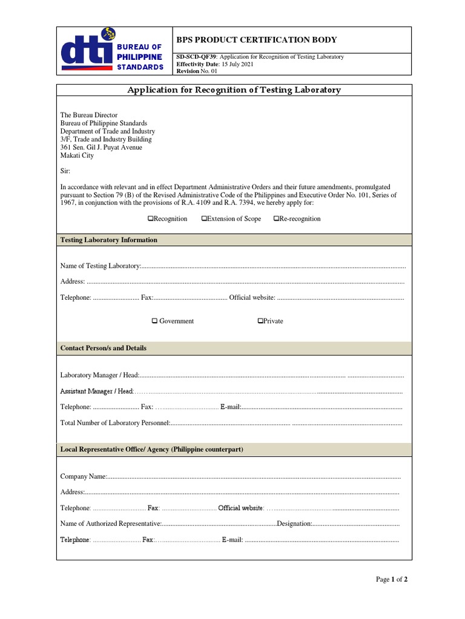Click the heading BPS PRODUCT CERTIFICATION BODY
(x=256, y=40)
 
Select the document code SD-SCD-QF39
(x=196, y=57)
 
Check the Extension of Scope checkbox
(x=204, y=219)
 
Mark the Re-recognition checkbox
(x=276, y=219)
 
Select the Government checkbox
(x=154, y=321)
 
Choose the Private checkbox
(x=260, y=321)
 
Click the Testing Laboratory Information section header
(x=109, y=240)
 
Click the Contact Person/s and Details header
(x=104, y=348)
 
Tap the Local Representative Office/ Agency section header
(x=152, y=450)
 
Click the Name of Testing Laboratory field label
(x=101, y=266)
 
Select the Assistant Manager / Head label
(x=97, y=391)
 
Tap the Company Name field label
(x=84, y=477)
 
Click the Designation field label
(x=294, y=523)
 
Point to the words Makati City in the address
(x=77, y=155)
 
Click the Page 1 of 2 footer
(x=391, y=579)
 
